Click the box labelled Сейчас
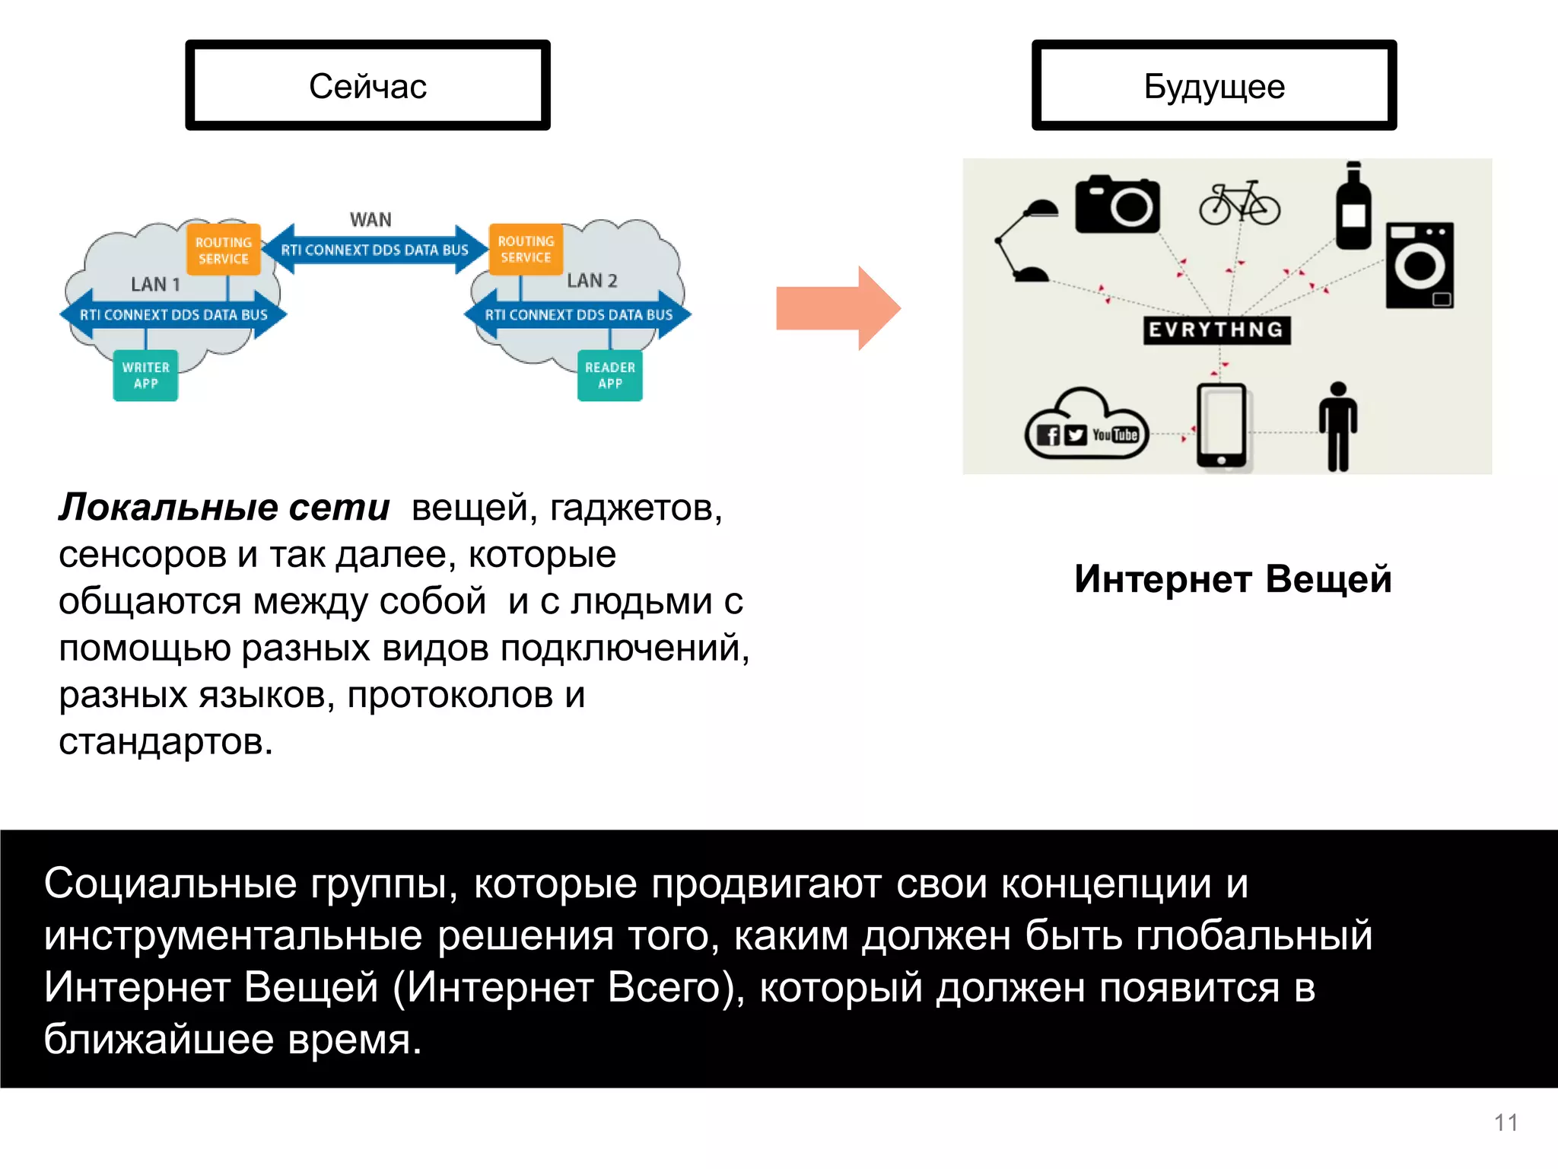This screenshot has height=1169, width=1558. click(x=367, y=85)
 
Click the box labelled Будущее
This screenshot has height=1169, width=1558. click(x=1213, y=85)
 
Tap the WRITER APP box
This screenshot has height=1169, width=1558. click(x=145, y=375)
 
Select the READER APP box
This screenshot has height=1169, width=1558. click(x=609, y=375)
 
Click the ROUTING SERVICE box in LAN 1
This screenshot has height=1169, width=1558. click(x=224, y=250)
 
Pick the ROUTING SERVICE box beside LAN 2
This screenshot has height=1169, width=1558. click(x=526, y=249)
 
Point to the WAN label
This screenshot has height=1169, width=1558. click(x=370, y=220)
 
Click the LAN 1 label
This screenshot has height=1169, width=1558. click(x=155, y=285)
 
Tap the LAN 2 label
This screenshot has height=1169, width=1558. click(x=592, y=281)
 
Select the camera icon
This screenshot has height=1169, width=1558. click(x=1117, y=204)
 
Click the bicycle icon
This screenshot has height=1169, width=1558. click(x=1239, y=203)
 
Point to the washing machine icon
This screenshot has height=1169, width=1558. click(x=1420, y=265)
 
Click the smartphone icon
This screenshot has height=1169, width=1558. click(x=1221, y=426)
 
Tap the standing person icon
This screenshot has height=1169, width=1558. click(x=1337, y=426)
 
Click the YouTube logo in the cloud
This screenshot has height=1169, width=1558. click(x=1115, y=435)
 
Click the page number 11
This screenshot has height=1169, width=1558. click(x=1506, y=1123)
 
